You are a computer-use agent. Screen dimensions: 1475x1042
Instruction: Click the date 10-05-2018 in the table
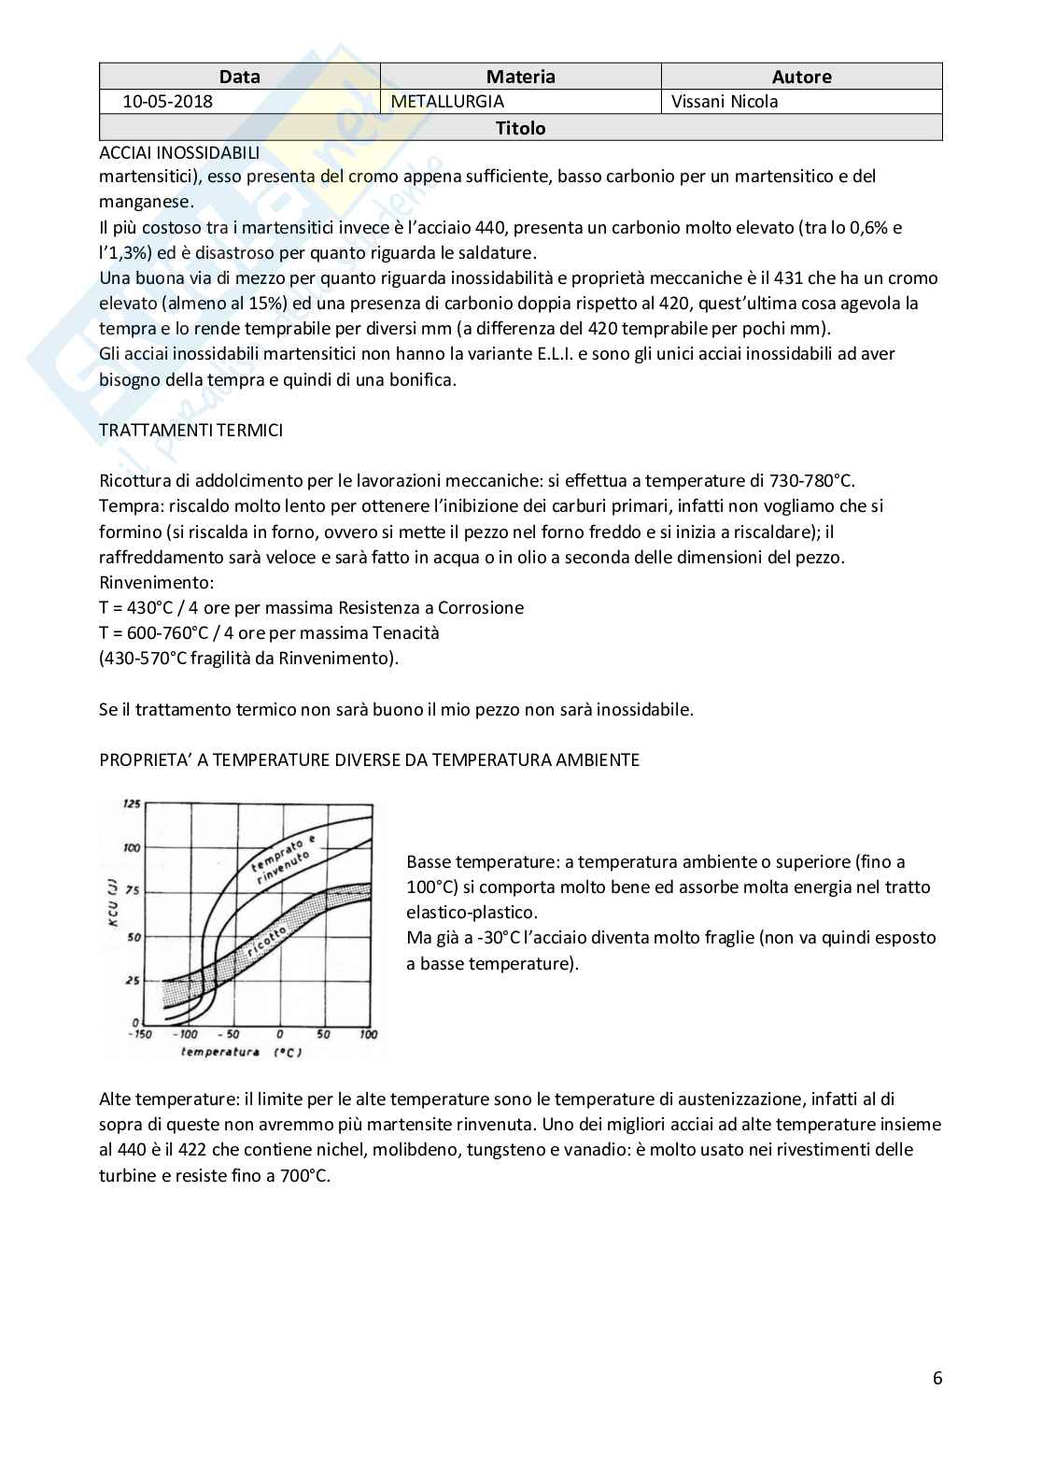click(167, 102)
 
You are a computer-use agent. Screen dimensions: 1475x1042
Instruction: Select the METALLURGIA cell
click(447, 102)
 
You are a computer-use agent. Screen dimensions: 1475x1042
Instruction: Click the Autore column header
click(801, 77)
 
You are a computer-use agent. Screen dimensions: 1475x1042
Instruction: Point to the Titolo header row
click(520, 128)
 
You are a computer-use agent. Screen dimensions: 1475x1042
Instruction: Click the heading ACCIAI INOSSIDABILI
click(179, 152)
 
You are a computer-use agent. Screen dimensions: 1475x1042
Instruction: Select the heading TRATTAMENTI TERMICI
click(190, 430)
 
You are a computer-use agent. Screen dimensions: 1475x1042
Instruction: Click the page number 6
click(936, 1378)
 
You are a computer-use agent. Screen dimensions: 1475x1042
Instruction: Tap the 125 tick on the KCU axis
click(132, 804)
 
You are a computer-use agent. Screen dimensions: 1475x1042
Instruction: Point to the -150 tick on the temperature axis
click(138, 1034)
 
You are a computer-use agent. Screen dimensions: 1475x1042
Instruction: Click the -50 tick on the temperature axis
click(229, 1034)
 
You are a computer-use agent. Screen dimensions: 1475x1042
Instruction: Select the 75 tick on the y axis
click(134, 891)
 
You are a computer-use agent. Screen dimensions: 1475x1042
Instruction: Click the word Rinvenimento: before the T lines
click(156, 582)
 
